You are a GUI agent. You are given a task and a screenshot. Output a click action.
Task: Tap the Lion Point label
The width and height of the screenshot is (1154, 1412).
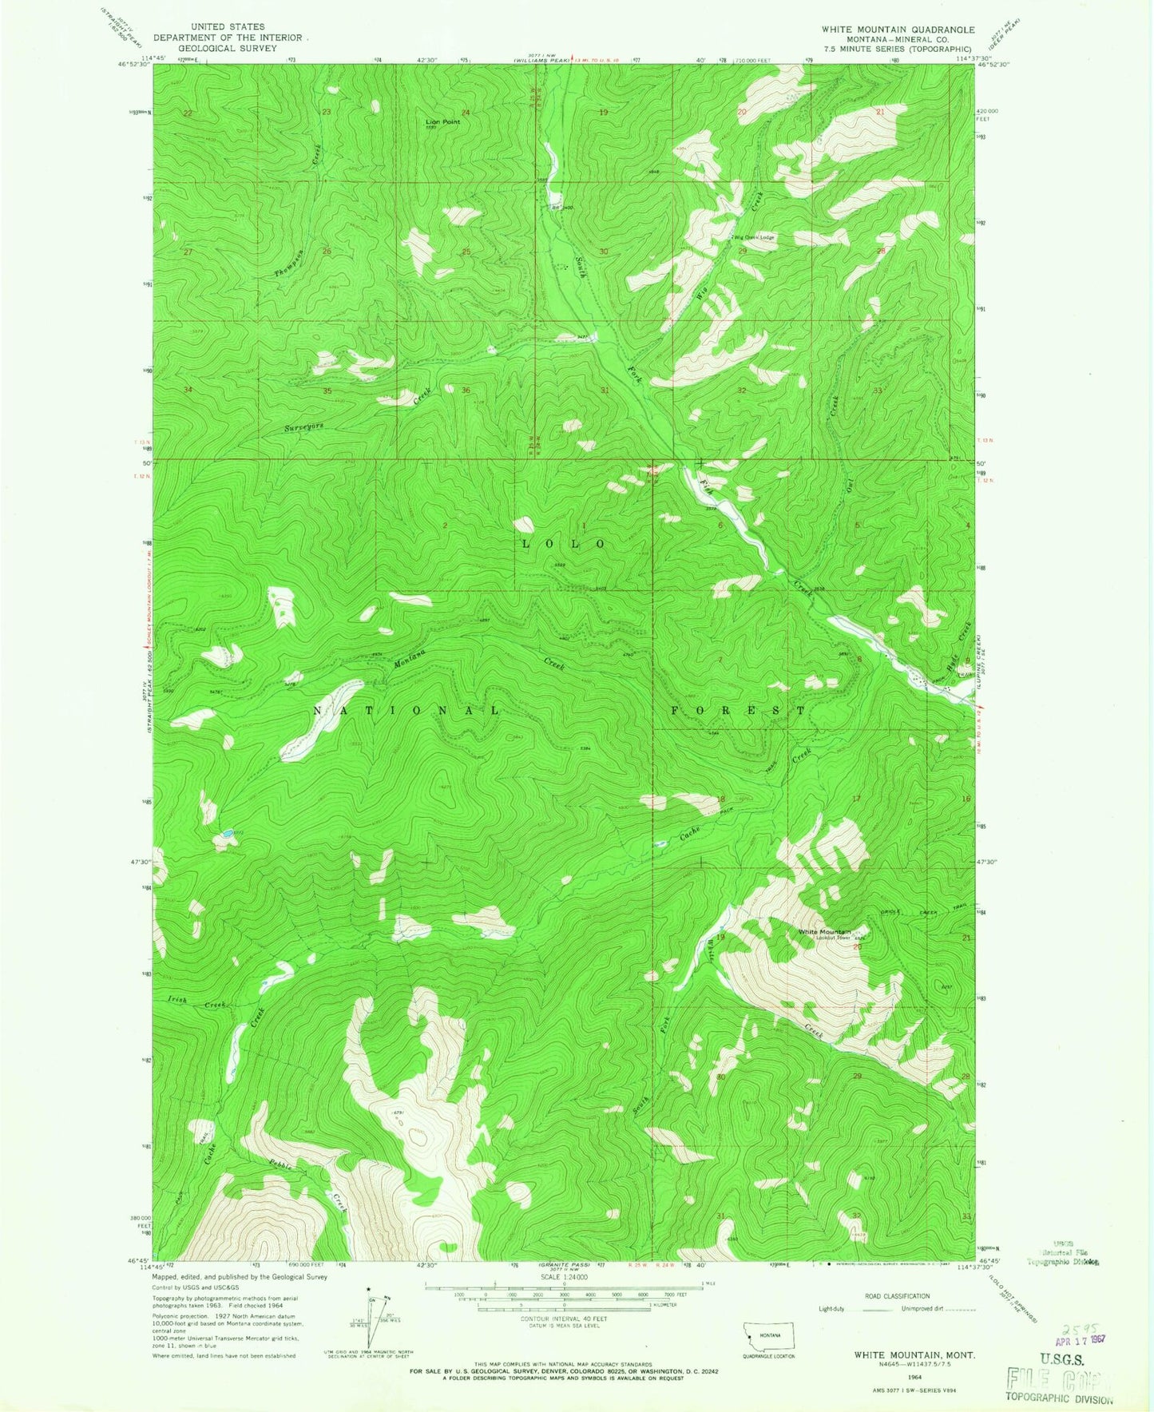click(442, 121)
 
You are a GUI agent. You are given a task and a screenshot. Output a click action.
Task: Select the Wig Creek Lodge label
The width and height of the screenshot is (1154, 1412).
click(755, 237)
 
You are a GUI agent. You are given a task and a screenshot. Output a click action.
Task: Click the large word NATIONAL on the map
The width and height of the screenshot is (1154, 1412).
click(406, 710)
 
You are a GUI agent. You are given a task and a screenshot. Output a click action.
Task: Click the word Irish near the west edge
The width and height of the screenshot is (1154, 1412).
click(177, 1000)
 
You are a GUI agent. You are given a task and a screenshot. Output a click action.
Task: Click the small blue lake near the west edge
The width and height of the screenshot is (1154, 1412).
click(226, 832)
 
